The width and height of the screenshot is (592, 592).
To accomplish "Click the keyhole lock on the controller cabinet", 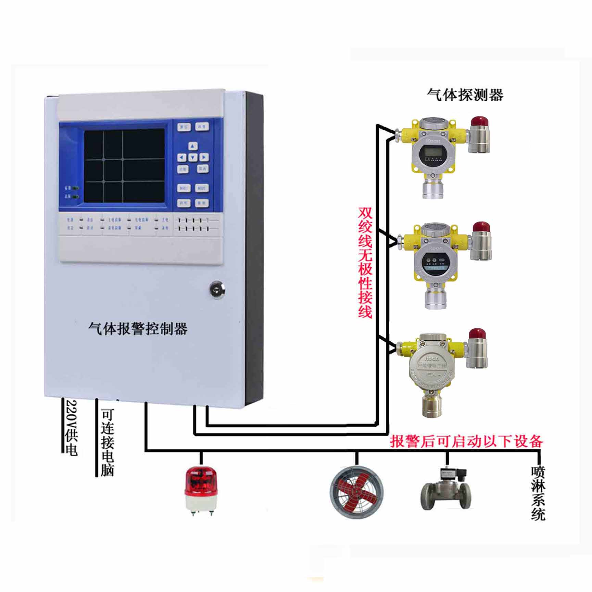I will tap(217, 290).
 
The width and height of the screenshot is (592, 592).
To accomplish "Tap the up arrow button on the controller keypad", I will tap(193, 146).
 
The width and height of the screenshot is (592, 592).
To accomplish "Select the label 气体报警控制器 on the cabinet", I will tap(138, 329).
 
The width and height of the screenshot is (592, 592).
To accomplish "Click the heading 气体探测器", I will tap(465, 95).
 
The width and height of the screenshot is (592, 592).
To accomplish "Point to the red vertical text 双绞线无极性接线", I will tap(365, 262).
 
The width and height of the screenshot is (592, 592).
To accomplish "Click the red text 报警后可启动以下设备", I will tap(466, 441).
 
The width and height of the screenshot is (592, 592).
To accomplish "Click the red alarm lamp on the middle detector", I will tap(481, 228).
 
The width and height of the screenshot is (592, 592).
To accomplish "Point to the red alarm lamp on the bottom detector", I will tap(477, 334).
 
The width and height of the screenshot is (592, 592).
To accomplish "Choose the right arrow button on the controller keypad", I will tap(204, 157).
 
